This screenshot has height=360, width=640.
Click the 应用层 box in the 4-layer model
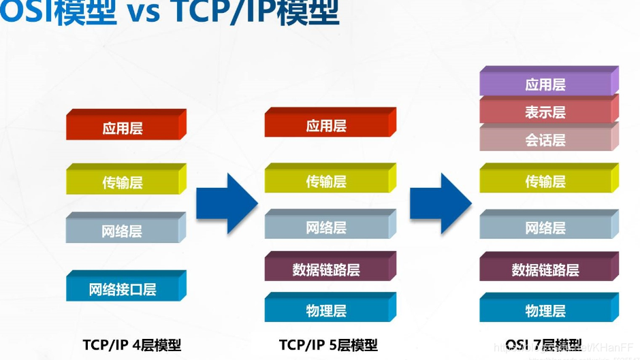coord(123,128)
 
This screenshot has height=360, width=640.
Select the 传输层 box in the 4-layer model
coord(123,182)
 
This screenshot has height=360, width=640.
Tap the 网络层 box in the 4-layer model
coord(123,231)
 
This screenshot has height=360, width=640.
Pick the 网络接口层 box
coord(123,289)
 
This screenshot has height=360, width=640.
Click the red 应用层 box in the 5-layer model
coord(326,126)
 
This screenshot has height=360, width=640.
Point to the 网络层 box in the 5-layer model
coord(326,227)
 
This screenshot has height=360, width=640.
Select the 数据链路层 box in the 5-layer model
coord(326,269)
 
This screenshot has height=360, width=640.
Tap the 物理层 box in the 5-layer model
coord(326,311)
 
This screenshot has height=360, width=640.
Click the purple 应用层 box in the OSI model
coord(545,85)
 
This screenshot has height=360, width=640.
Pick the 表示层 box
coord(545,112)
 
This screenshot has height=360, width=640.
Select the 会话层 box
coord(545,140)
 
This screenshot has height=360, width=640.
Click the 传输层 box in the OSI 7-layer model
coord(545,182)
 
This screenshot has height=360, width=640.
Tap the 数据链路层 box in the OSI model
coord(545,269)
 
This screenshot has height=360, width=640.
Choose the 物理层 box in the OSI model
coord(545,311)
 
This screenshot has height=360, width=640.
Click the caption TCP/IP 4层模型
coord(132,344)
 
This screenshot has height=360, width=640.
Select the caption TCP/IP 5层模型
coord(328,344)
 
